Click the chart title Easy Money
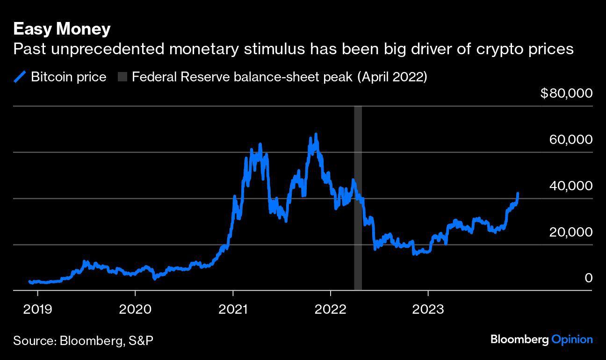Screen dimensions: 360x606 (x=62, y=29)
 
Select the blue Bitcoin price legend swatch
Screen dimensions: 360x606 (x=21, y=77)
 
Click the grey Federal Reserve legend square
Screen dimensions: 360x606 (x=123, y=77)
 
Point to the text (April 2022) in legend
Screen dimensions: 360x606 (x=392, y=77)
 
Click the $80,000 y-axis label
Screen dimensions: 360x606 (x=566, y=93)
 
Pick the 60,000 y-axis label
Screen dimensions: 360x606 (x=570, y=139)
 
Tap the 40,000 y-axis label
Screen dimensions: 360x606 (x=570, y=186)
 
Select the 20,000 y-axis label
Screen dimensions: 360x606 (x=570, y=232)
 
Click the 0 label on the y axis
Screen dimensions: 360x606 (x=588, y=278)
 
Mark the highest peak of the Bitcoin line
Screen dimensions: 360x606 (x=316, y=135)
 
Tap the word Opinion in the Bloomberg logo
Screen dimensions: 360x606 (x=572, y=339)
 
